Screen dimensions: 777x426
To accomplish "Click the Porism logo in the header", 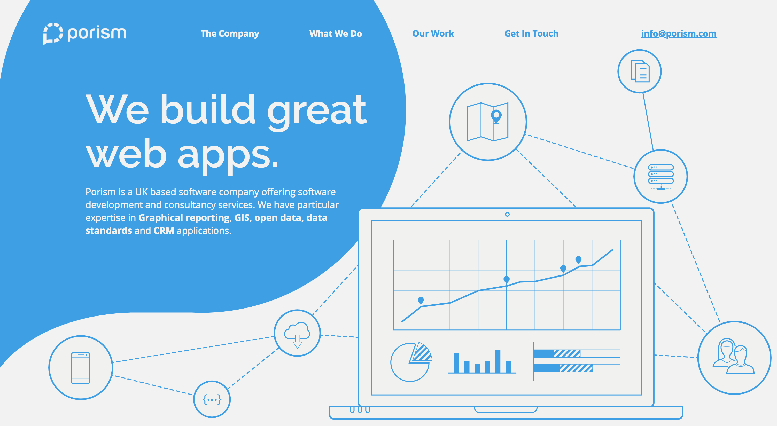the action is [85, 34].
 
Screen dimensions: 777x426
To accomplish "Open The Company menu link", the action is [230, 34].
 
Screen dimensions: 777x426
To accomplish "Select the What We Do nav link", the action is [335, 34].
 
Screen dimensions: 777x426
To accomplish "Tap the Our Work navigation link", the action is [433, 34].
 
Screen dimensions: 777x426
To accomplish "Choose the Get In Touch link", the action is [531, 34].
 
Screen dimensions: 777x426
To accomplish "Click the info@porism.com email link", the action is [679, 34].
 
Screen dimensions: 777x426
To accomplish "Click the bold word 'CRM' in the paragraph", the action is [164, 231].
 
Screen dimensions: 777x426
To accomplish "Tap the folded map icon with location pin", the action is [488, 122].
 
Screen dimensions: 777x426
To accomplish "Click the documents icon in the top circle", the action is [640, 71].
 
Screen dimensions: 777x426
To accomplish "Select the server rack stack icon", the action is [661, 177].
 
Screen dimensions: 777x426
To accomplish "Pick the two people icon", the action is [734, 356].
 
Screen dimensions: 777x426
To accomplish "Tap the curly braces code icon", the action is [212, 400].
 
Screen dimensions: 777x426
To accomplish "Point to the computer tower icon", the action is [81, 368].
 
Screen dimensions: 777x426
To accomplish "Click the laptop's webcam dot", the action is [507, 214].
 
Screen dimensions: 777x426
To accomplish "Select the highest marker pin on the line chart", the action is [578, 259].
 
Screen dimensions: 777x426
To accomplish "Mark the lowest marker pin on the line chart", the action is [421, 300].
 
